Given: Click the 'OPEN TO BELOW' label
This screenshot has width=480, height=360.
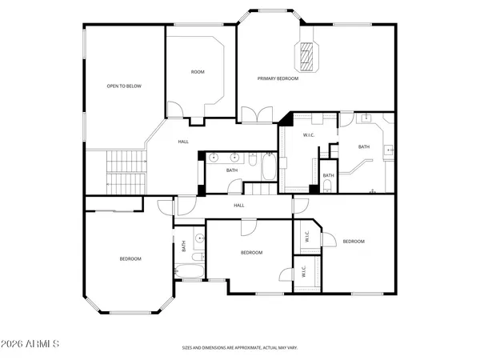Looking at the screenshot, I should (124, 86).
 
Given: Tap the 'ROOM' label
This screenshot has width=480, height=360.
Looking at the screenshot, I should (198, 72).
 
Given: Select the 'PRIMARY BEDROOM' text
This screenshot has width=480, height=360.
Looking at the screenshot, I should (278, 78).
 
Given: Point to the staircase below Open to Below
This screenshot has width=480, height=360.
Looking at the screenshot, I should (125, 172).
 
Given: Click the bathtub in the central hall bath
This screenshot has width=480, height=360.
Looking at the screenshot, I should (268, 169).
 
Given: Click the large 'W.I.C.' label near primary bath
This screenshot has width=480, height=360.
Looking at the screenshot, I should (309, 135).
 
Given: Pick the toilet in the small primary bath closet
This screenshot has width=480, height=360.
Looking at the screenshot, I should (328, 188).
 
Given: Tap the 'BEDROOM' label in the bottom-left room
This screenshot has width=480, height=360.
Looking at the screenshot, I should (130, 258).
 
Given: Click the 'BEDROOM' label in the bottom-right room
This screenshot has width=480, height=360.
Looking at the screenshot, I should (354, 241).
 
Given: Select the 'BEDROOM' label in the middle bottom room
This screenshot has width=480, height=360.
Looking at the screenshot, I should (252, 252).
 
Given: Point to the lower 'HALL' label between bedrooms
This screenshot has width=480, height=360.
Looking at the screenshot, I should (238, 206).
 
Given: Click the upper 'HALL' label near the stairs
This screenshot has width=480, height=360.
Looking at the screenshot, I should (183, 142).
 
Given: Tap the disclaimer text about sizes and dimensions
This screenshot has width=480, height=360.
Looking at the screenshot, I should (240, 348).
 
